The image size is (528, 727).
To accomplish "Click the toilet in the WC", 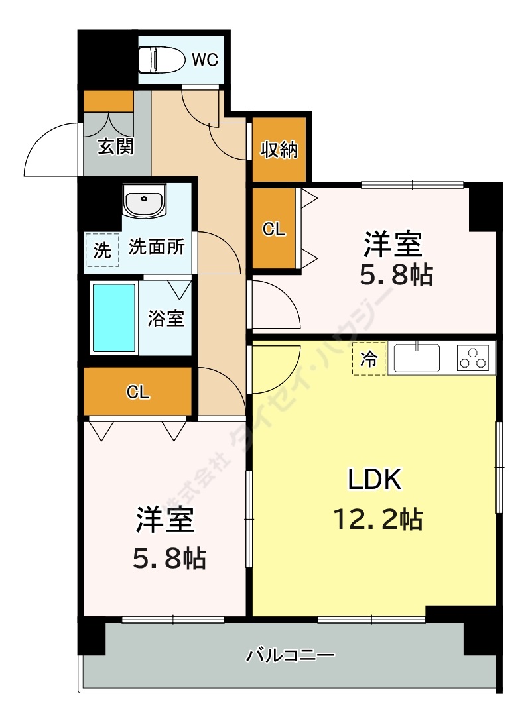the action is (x=159, y=60).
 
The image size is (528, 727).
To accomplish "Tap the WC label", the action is (x=204, y=60).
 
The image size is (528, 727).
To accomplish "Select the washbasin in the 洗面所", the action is (x=145, y=201).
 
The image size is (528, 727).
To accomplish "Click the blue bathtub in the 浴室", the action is (x=114, y=318).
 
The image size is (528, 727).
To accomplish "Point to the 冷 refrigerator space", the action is (x=369, y=359).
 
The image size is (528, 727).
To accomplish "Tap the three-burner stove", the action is (x=473, y=358).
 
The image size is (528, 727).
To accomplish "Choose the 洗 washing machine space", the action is (x=101, y=251).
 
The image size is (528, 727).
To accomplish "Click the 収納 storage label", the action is (x=279, y=149).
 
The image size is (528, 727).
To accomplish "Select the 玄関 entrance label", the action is (x=115, y=146).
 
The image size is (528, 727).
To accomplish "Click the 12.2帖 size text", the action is (x=377, y=519).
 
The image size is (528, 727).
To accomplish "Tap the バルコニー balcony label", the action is (x=290, y=655).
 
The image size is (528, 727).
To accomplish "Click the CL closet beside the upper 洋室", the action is (x=274, y=229).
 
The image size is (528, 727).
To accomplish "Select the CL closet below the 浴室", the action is (x=138, y=392).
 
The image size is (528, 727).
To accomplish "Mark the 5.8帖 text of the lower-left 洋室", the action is (x=170, y=558).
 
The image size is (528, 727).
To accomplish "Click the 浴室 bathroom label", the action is (x=166, y=318).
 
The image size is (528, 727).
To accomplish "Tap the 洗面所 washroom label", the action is (x=157, y=247).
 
